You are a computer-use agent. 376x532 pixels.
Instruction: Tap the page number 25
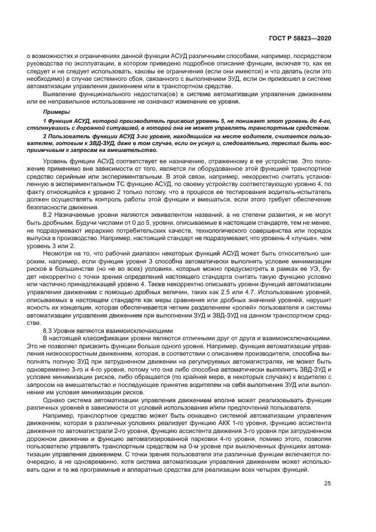328,484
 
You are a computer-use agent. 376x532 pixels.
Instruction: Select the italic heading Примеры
56,112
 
